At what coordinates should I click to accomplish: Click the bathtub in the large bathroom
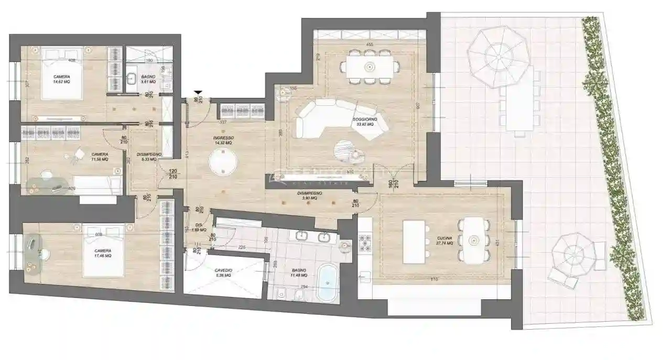tap(328, 283)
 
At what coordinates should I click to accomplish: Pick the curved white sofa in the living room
tap(341, 118)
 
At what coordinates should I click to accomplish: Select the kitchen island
tap(414, 242)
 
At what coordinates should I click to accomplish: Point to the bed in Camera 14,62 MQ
tap(62, 74)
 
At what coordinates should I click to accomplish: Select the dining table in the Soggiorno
tap(369, 67)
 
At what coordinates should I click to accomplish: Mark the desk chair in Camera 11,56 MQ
tap(79, 154)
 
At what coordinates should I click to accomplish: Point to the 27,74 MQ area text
tap(445, 244)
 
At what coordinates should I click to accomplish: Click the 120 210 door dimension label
tap(173, 174)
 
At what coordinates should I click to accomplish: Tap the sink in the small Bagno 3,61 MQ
tap(131, 79)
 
